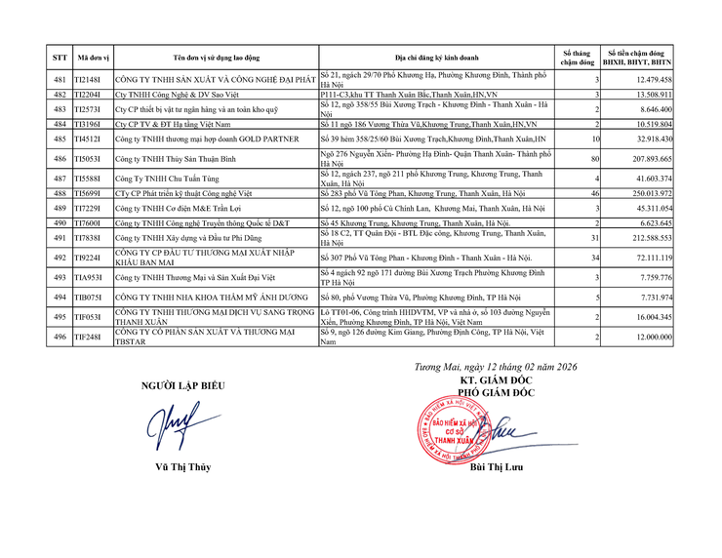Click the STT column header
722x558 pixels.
point(60,58)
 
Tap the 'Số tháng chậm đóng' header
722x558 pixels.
point(577,58)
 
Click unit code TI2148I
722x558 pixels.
point(89,79)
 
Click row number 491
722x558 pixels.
point(60,237)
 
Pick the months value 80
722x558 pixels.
point(593,157)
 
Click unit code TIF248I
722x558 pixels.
point(89,337)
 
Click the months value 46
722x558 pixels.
point(593,195)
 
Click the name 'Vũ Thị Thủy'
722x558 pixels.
point(182,467)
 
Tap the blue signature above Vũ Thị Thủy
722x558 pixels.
point(182,425)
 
